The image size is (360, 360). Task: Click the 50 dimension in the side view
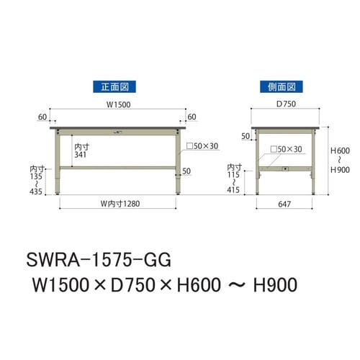[246, 137]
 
